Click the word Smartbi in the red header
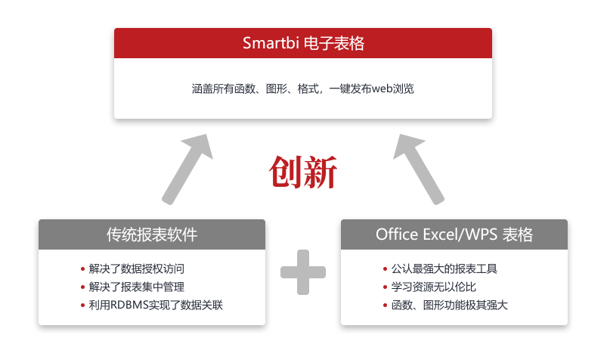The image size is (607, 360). pyautogui.click(x=271, y=43)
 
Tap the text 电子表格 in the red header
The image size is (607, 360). pyautogui.click(x=334, y=43)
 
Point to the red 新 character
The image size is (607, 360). pyautogui.click(x=320, y=173)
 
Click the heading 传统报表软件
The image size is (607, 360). pyautogui.click(x=152, y=234)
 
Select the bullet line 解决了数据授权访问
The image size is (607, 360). pyautogui.click(x=136, y=268)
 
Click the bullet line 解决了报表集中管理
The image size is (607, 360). pyautogui.click(x=136, y=287)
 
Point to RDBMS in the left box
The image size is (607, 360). pyautogui.click(x=132, y=305)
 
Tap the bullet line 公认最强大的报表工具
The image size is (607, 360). pyautogui.click(x=444, y=268)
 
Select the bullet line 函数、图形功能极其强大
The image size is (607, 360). pyautogui.click(x=449, y=305)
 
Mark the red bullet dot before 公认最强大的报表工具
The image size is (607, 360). pyautogui.click(x=385, y=268)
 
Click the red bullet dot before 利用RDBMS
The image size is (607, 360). pyautogui.click(x=82, y=305)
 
